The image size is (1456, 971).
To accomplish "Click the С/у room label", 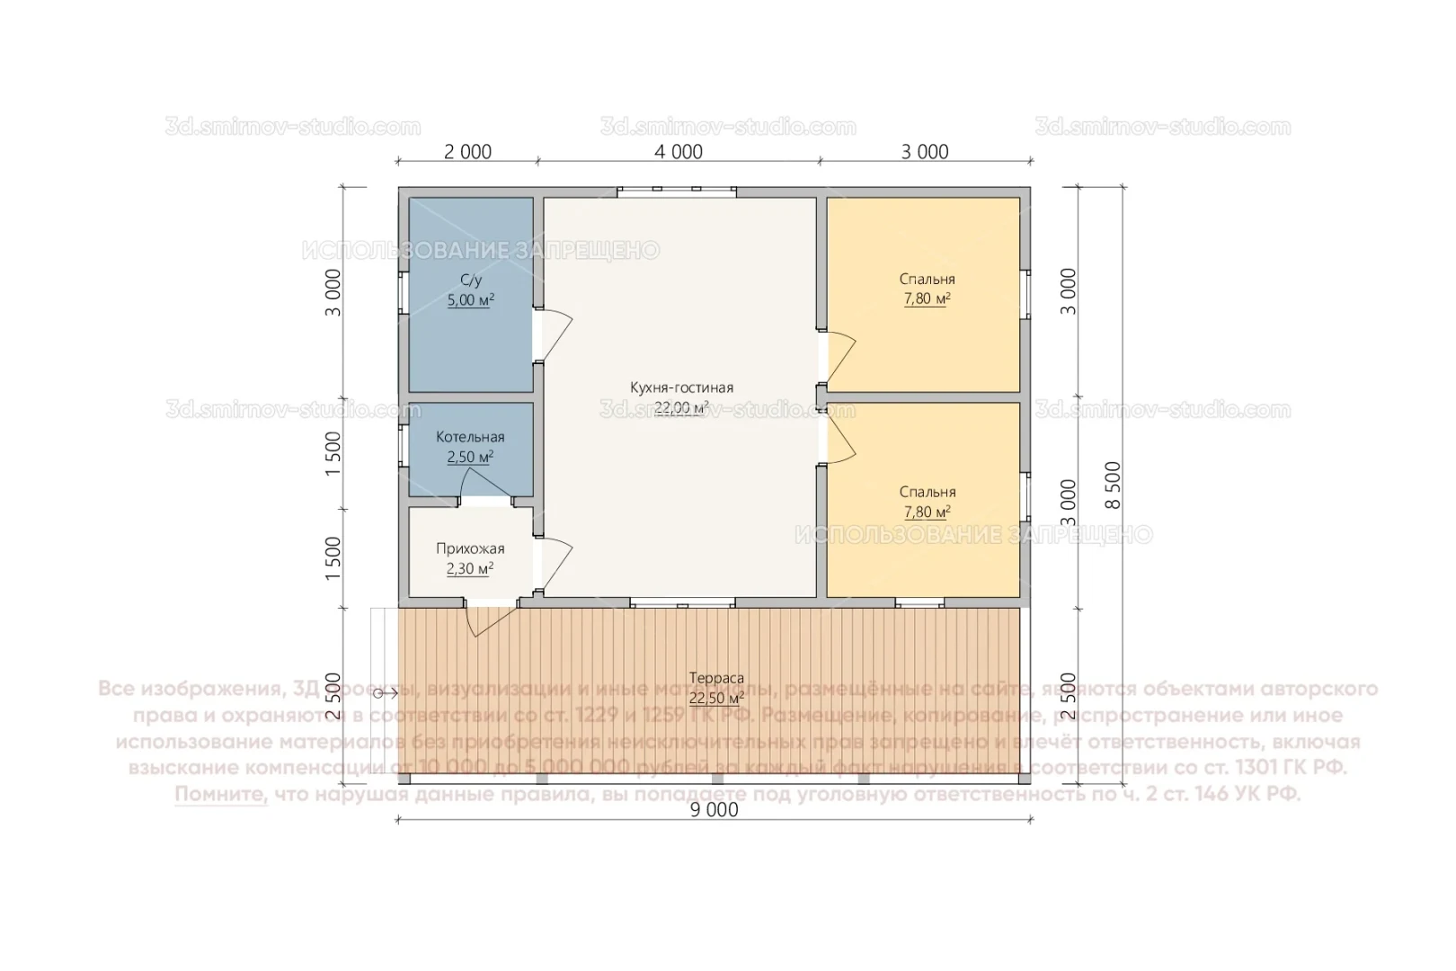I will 471,281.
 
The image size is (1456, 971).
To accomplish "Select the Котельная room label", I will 470,437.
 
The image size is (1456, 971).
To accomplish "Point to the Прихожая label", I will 470,548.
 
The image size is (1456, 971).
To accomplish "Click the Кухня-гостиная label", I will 681,388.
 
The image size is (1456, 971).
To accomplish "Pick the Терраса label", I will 716,679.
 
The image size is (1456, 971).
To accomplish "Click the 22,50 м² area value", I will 716,699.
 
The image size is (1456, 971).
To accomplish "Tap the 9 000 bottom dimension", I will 715,810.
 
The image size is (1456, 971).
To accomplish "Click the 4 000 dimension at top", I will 679,152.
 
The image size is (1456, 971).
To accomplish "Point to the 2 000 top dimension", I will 468,152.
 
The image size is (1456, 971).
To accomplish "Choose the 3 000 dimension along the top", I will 925,152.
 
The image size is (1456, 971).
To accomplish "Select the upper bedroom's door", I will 839,356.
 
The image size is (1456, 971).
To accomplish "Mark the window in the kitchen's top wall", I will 677,191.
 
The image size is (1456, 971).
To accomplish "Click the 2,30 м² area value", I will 470,569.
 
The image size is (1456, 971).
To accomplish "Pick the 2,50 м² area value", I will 470,458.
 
